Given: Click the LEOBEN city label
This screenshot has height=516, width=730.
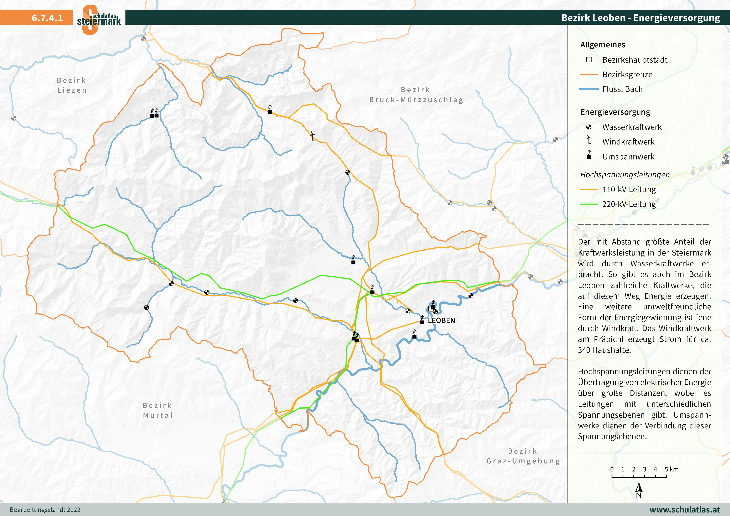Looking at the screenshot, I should (x=441, y=320).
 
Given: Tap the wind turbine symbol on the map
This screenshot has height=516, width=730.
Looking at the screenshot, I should (x=313, y=136).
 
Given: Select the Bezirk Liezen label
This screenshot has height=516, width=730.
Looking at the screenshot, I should (x=72, y=85).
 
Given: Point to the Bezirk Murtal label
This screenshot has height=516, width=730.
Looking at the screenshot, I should (x=158, y=410).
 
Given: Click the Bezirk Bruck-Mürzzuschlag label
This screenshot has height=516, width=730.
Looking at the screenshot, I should (x=416, y=95).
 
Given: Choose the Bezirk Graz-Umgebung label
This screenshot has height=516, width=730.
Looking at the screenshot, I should (x=523, y=456).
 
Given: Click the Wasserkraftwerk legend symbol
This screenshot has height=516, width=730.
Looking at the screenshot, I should (x=589, y=127).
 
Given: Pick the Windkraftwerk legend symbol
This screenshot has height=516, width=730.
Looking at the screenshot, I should (x=589, y=140).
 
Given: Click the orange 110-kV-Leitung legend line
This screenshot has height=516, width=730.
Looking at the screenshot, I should (x=589, y=189).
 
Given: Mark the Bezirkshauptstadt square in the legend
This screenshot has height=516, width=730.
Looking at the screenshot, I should (x=589, y=60).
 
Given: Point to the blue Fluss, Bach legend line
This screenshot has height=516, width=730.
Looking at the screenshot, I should (x=589, y=89).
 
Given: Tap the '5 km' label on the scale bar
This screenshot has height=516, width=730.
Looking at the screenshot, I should (x=671, y=469).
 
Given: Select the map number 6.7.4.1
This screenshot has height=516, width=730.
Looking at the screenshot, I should (x=47, y=18).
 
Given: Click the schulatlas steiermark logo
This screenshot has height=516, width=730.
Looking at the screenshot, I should (x=99, y=19).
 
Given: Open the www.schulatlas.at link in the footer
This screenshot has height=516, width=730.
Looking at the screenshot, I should (x=685, y=510).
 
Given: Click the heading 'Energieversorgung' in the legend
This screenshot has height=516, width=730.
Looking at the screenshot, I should (x=615, y=112).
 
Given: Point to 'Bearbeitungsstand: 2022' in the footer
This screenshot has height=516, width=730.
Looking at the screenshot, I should (x=45, y=510).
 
